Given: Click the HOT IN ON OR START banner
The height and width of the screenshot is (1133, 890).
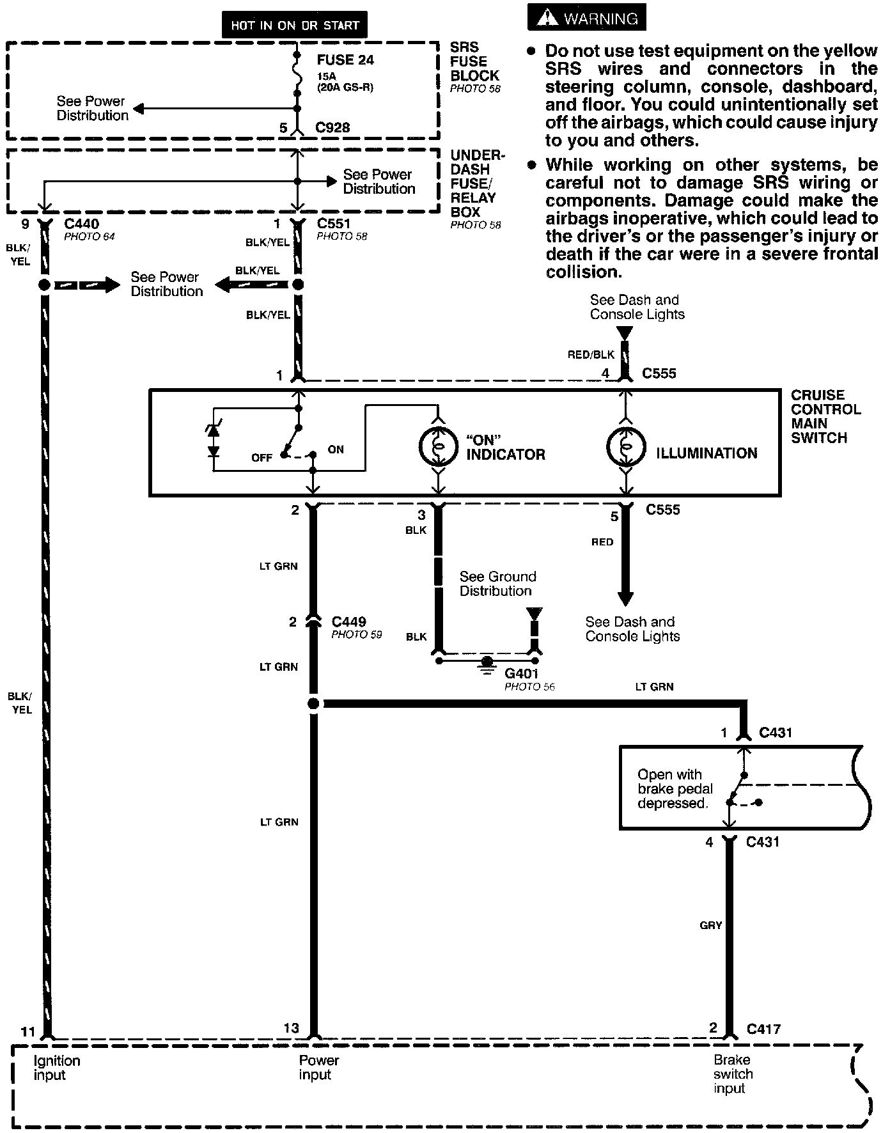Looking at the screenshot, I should pos(295,26).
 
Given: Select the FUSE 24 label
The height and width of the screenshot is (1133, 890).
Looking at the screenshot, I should pos(345,60).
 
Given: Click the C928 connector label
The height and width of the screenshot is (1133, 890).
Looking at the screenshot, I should pos(333,127).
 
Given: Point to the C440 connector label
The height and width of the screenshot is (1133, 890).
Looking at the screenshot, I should pos(81,224).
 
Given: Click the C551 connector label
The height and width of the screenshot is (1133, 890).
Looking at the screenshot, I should pos(334,224).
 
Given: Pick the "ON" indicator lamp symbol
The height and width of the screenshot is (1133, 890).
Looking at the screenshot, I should pos(438,446).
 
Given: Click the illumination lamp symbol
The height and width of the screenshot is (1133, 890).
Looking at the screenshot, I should pos(626,446).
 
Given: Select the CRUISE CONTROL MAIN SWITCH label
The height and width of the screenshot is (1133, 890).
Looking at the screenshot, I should pos(825,416).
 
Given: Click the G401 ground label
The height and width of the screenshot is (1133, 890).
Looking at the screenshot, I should pos(521,673).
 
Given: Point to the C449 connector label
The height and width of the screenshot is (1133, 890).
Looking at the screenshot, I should pos(348,621).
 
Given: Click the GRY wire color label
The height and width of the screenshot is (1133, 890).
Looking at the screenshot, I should pos(711,925).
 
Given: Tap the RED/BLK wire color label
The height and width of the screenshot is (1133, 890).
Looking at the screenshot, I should pos(591,354).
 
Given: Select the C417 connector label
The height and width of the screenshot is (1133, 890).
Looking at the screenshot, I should pos(763,1029).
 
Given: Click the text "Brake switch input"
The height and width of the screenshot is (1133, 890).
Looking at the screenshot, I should pos(733,1074).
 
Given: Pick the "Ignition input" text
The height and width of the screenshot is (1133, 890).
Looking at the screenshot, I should pos(57,1068).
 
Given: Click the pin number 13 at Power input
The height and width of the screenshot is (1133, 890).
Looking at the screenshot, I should pos(291,1028).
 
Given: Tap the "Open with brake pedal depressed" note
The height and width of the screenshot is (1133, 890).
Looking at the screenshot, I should pos(675,788).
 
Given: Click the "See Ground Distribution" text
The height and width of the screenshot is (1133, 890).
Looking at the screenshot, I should pos(497,584).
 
